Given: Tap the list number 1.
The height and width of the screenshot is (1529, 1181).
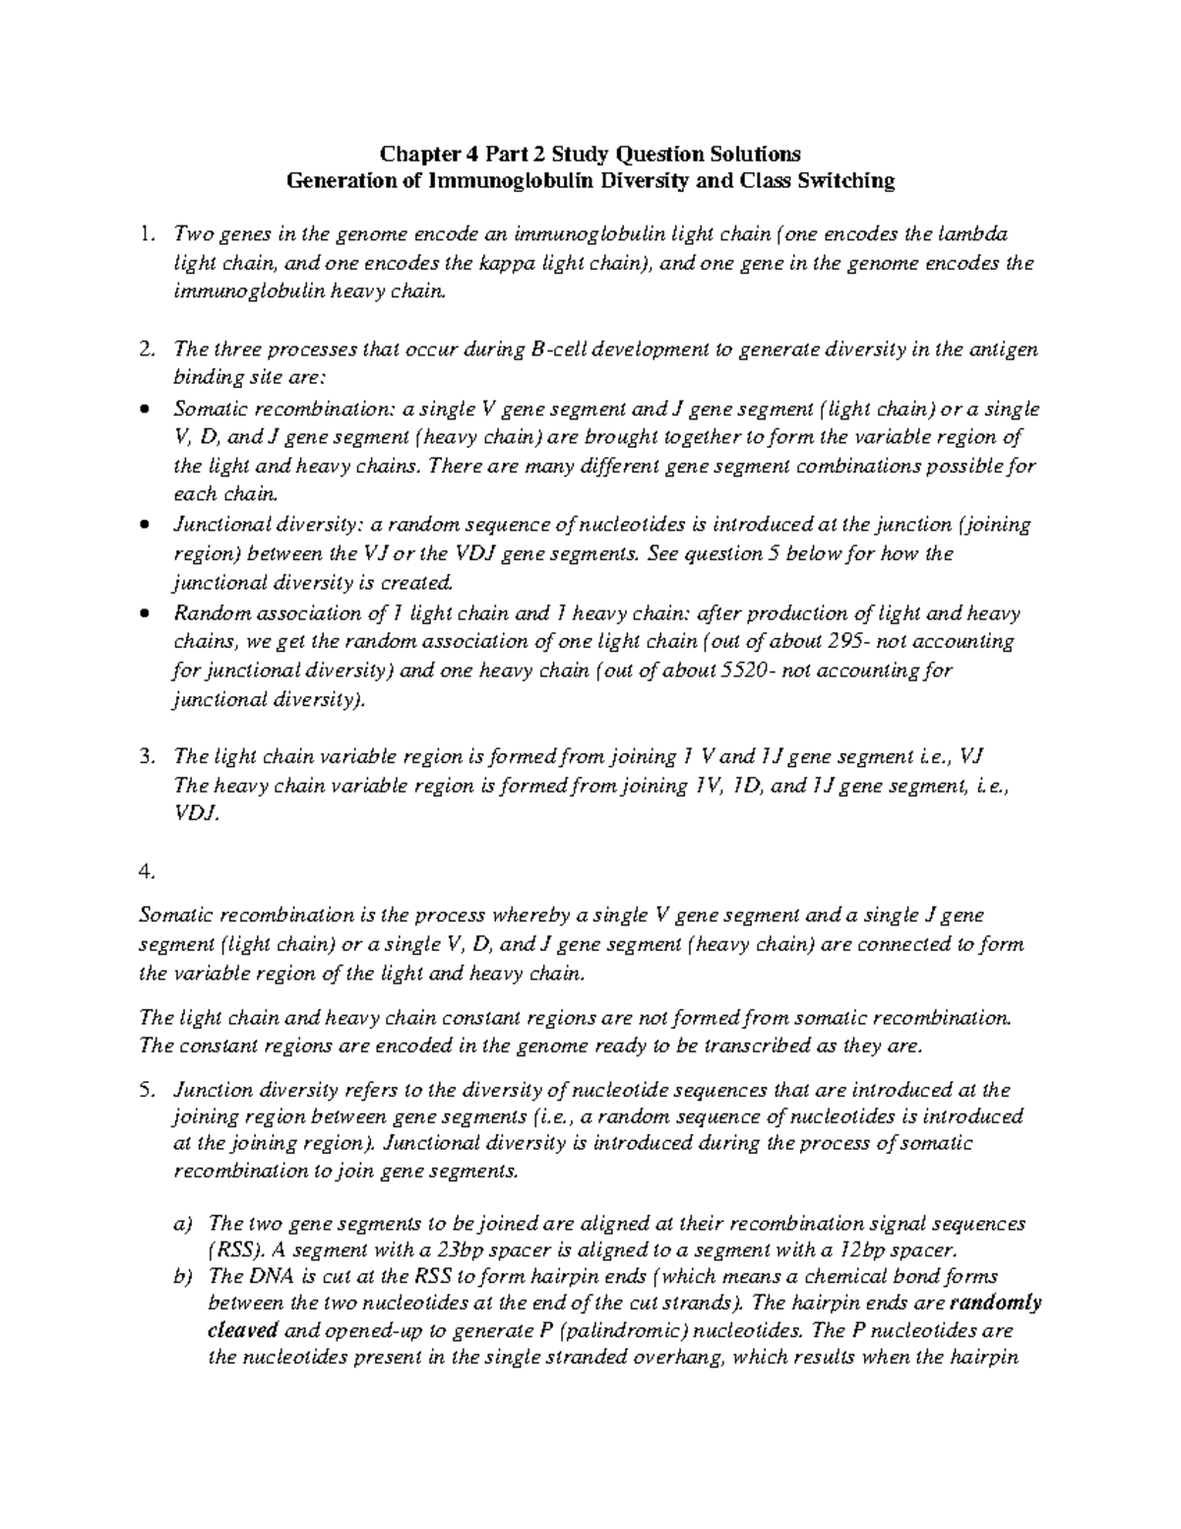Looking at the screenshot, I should (x=147, y=234).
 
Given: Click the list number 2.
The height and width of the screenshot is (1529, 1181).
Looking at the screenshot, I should (x=147, y=350).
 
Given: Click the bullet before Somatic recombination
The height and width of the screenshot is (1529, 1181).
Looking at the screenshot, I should (x=146, y=409).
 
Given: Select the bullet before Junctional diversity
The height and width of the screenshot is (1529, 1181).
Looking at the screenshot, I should (x=146, y=525).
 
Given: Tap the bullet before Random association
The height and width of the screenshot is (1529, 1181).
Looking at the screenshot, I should (x=146, y=613).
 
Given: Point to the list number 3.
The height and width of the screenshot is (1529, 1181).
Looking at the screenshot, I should (x=147, y=757).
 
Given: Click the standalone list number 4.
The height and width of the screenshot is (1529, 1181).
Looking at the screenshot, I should (x=147, y=872).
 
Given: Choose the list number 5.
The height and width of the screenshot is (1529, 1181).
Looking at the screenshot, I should (x=147, y=1090).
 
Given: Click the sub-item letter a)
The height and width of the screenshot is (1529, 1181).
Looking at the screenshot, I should (x=182, y=1224).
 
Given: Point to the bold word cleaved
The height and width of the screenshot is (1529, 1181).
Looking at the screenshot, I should (x=242, y=1332).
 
